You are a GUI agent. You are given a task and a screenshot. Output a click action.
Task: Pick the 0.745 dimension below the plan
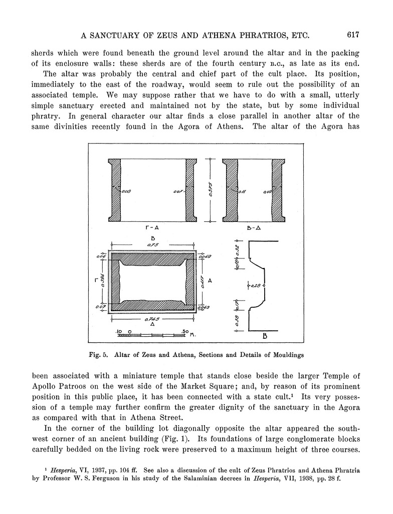tap(151, 319)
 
